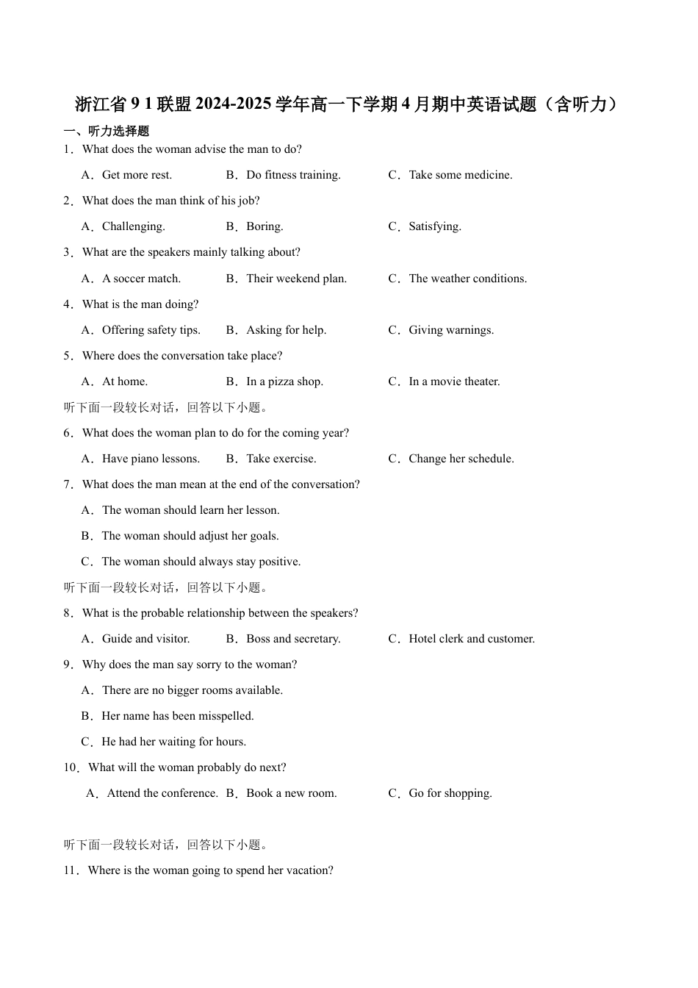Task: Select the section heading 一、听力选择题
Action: coord(107,131)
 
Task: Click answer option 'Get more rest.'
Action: coord(137,175)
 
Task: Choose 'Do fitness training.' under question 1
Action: coord(293,175)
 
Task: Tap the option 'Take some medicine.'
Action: coord(460,175)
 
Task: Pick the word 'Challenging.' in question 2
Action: coord(133,226)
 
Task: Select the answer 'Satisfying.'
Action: coord(435,226)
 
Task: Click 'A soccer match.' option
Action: coord(141,279)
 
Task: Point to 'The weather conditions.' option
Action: coord(467,279)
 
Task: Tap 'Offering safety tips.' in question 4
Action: coord(151,330)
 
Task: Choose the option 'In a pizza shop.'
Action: coord(284,382)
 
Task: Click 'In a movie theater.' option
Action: coord(454,382)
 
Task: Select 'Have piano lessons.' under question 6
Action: coord(151,459)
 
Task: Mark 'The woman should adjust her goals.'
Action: coord(190,536)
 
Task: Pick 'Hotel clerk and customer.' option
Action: coord(471,639)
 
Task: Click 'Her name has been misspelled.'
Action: coord(177,716)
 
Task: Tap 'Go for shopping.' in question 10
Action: coord(450,793)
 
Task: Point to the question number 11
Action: coord(71,870)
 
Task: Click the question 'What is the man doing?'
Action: coord(140,304)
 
